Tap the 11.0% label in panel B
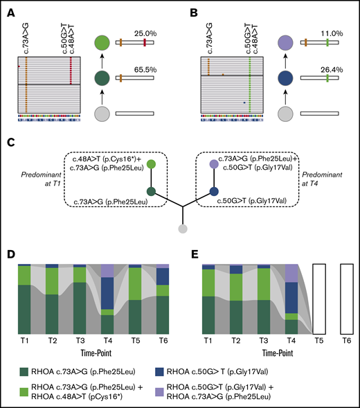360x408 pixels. point(327,32)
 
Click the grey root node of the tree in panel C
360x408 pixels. point(182,229)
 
